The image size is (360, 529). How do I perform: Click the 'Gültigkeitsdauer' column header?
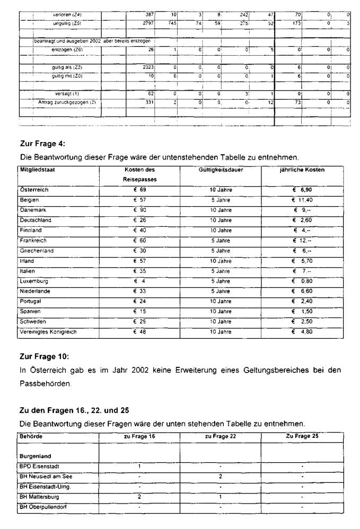click(220, 170)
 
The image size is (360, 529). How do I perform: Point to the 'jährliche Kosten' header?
click(302, 170)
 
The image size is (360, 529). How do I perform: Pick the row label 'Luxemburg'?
click(34, 281)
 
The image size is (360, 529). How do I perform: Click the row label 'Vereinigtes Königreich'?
click(48, 332)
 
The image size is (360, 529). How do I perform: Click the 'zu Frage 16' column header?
click(139, 436)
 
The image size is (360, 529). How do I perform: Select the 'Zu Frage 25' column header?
click(302, 436)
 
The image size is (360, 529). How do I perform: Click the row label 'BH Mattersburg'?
click(39, 497)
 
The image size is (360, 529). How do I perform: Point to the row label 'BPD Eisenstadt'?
click(39, 466)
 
